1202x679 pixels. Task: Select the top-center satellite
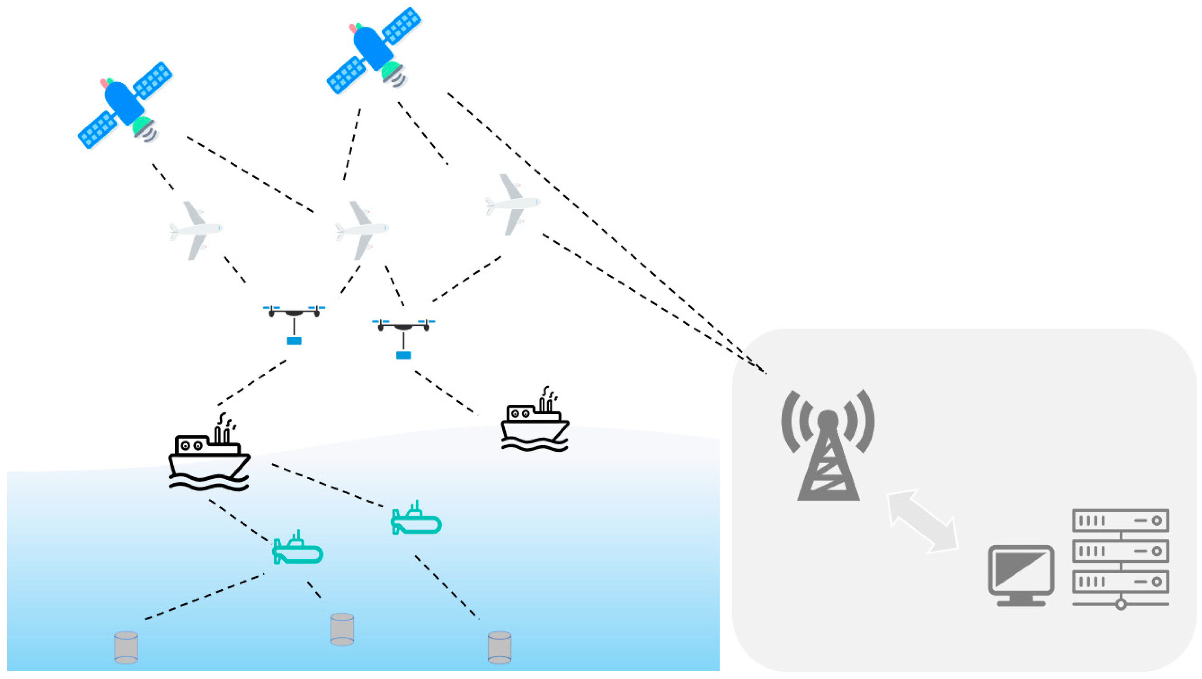click(x=373, y=49)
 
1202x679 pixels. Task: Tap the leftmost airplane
click(x=195, y=229)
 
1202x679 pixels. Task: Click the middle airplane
click(x=361, y=229)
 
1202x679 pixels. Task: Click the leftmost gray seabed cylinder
click(x=126, y=647)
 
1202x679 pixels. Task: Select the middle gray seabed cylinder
click(x=342, y=629)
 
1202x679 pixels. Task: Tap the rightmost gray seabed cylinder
click(x=499, y=647)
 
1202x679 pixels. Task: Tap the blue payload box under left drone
click(x=294, y=341)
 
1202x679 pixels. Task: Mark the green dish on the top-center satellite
click(x=391, y=71)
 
